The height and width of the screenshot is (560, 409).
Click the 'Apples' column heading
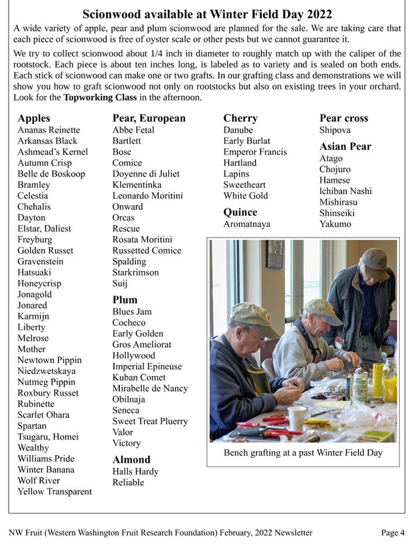click(x=34, y=118)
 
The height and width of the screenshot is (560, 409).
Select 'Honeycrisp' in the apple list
click(x=39, y=284)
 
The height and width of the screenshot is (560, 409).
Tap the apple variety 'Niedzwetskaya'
click(x=46, y=371)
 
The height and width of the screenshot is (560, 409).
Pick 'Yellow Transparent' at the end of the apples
click(x=54, y=492)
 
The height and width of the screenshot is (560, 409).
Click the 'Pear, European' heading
click(x=149, y=118)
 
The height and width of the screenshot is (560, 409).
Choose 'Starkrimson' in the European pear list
click(x=136, y=272)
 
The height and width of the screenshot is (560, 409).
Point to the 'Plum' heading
click(x=125, y=300)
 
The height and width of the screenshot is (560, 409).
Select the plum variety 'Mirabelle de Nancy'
click(x=150, y=388)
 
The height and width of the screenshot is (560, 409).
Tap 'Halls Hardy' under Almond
click(x=136, y=471)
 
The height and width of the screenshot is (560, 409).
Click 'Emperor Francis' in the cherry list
click(x=255, y=152)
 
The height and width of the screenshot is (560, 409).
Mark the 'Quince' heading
click(x=240, y=212)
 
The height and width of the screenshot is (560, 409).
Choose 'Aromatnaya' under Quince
click(x=247, y=224)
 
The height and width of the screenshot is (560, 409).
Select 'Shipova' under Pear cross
click(x=335, y=130)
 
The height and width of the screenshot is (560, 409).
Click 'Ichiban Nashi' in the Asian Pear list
click(x=345, y=191)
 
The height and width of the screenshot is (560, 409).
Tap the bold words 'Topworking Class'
click(x=100, y=98)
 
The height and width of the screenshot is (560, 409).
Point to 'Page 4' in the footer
click(x=393, y=533)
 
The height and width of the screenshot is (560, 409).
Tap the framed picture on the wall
click(x=275, y=254)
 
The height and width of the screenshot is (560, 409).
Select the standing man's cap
click(x=374, y=260)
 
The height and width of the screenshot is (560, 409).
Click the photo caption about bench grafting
click(x=303, y=453)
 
